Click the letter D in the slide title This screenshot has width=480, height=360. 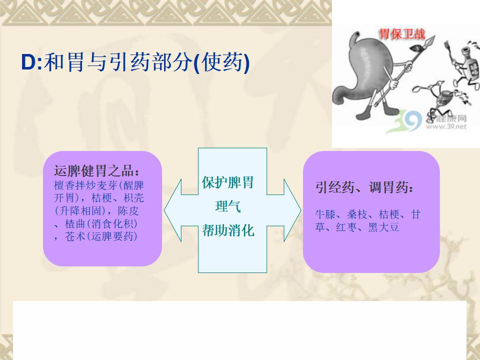(x=28, y=62)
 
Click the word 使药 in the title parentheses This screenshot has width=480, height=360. (x=223, y=62)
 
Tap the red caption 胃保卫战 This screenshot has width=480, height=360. (x=402, y=33)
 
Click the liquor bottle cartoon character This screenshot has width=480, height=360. (x=466, y=64)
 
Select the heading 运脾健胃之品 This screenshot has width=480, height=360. (x=93, y=171)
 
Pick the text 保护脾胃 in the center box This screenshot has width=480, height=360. (x=227, y=182)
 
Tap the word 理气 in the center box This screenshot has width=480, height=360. (x=228, y=206)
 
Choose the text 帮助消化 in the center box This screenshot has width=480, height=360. (x=228, y=230)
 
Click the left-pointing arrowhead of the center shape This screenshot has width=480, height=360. (x=173, y=210)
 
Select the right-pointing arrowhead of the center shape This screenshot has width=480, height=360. (x=292, y=210)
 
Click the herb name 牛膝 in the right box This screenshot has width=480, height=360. (x=325, y=214)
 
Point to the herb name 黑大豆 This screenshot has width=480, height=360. (x=383, y=227)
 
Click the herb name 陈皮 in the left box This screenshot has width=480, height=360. (x=128, y=210)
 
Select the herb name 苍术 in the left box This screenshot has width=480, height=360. (x=74, y=236)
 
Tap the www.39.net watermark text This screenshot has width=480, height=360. (x=446, y=126)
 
